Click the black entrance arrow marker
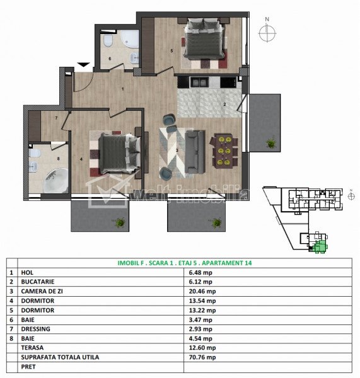[83, 65]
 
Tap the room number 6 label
[110, 59]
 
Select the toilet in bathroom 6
[108, 41]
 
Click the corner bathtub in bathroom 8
[56, 180]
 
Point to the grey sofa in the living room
[195, 152]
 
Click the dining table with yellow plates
[224, 151]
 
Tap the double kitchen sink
[199, 82]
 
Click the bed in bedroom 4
[119, 153]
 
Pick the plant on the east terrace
[271, 142]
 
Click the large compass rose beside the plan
[267, 33]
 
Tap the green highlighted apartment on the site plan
[321, 246]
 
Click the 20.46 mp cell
[202, 291]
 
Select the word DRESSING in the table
[36, 329]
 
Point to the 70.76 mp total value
[202, 357]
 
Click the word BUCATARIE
[38, 282]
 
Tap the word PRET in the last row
[28, 367]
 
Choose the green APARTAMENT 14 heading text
[226, 263]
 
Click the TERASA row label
[32, 348]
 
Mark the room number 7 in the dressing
[56, 118]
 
